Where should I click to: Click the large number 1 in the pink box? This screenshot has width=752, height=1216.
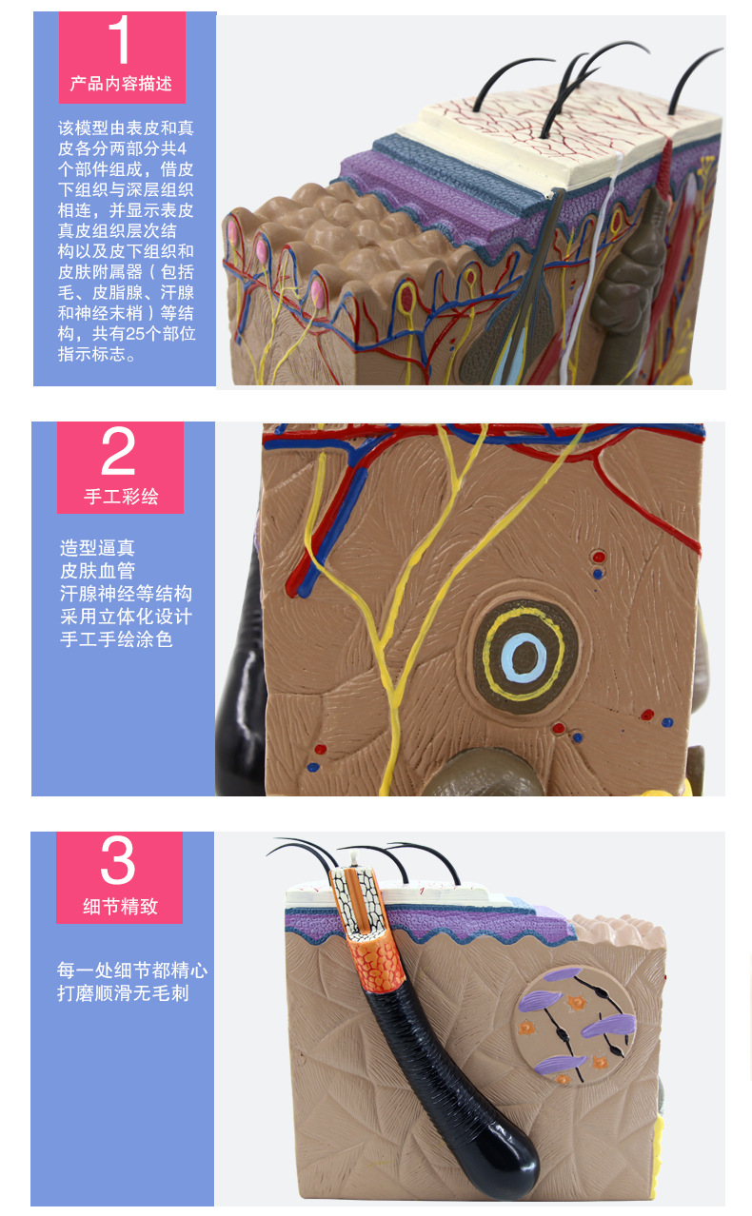121,41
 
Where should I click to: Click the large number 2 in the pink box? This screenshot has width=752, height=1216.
119,453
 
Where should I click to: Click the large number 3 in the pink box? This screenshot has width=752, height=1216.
118,862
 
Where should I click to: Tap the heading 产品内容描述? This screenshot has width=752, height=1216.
121,84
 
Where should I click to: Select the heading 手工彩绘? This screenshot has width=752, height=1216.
121,496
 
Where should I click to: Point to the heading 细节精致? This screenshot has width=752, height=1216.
120,906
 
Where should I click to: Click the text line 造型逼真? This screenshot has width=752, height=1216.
97,548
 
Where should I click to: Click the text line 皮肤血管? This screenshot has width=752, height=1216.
97,571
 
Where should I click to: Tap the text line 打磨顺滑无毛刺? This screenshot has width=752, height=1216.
123,993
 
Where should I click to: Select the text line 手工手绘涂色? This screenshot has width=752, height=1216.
116,639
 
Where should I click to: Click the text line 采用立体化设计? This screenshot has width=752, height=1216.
126,617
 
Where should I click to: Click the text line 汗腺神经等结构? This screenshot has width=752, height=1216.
126,594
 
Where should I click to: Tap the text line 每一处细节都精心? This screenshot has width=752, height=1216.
131,971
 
